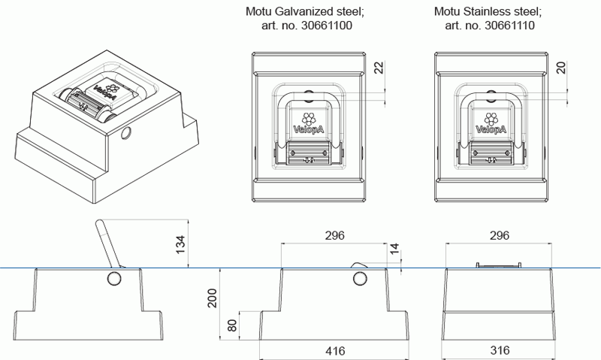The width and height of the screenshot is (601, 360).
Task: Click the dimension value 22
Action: [x=379, y=68]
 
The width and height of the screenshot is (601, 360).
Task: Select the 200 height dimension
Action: [x=212, y=301]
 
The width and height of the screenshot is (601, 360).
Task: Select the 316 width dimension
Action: [x=500, y=350]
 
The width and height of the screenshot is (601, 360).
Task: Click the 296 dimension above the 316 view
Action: [x=500, y=235]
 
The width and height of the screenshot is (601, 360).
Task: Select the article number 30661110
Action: [x=512, y=26]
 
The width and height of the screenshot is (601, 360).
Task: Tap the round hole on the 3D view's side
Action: [x=125, y=135]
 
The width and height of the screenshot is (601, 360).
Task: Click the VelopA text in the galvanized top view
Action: [x=307, y=129]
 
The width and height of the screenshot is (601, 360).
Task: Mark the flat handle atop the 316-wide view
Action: [x=499, y=265]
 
